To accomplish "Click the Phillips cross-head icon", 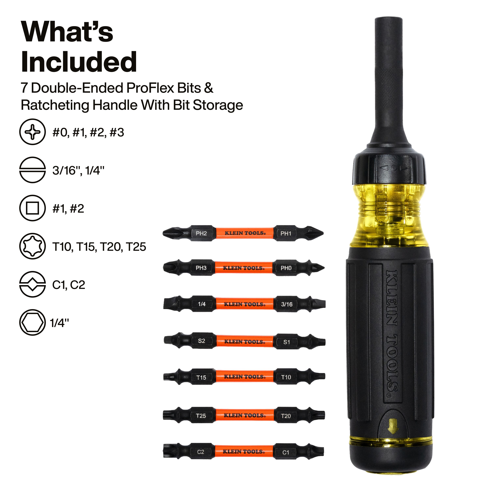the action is [x=32, y=132].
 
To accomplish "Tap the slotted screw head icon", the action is [x=32, y=170].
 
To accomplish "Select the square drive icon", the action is [x=32, y=208].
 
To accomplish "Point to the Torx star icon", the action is [x=32, y=246].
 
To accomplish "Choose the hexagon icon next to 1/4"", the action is [x=32, y=323].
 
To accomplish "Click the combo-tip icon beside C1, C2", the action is [x=32, y=284].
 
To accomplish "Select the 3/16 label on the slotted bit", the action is [x=287, y=304].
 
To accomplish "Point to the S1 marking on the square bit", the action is [x=287, y=342].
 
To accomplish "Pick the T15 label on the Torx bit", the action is [x=201, y=378].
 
